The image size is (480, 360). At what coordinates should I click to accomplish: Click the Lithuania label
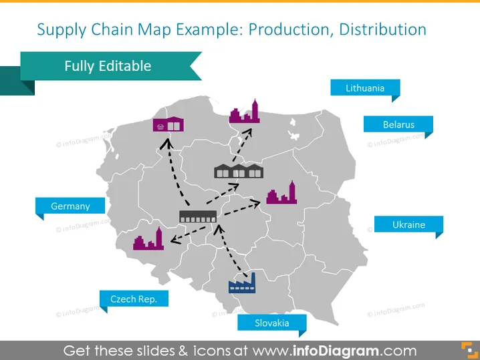coord(365,88)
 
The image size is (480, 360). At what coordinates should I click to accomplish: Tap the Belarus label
coord(398,124)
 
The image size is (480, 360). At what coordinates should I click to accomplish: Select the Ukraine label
coord(408,224)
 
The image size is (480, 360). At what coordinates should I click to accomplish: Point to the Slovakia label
coord(272,323)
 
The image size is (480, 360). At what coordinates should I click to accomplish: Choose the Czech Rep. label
coord(134,299)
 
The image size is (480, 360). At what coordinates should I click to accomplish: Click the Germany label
coord(70,206)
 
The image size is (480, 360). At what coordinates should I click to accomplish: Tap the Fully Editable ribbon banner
coord(108,66)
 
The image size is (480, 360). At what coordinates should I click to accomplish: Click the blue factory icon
coord(242,283)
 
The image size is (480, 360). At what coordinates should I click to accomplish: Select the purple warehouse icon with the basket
coord(168,124)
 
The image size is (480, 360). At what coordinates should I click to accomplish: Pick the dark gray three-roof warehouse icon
coord(239,171)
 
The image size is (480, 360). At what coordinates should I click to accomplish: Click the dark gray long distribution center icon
coord(198,216)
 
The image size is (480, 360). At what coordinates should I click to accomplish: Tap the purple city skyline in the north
coord(245,112)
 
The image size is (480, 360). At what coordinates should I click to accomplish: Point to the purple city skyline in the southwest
coord(148,238)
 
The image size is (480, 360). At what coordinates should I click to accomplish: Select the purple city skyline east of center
coord(281,192)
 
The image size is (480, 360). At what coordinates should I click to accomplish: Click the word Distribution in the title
coord(382,29)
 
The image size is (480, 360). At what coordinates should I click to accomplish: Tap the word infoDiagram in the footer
coord(335,351)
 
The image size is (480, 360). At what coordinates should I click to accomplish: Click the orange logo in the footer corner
coord(469,350)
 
